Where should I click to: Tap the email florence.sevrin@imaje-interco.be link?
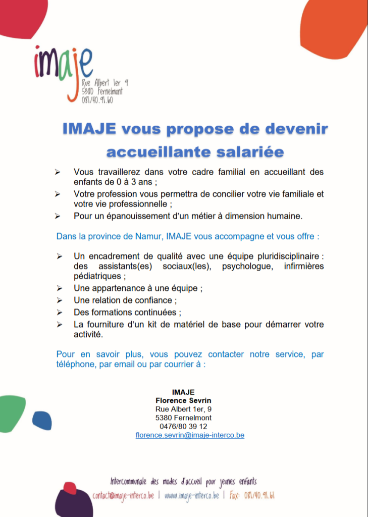(x=190, y=435)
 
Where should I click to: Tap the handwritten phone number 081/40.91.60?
(x=97, y=100)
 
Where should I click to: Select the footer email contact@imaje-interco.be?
(x=123, y=495)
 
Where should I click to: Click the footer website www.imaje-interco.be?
(x=191, y=495)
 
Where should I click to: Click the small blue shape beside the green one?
(x=42, y=420)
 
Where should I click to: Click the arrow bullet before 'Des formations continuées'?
(x=59, y=313)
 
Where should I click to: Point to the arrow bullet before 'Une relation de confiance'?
(x=59, y=300)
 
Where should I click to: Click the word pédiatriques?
(x=97, y=276)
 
